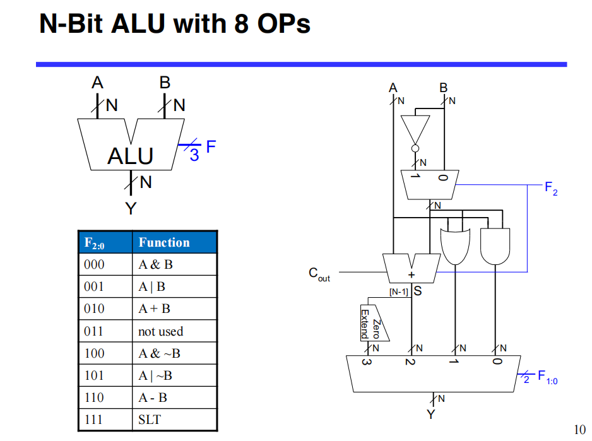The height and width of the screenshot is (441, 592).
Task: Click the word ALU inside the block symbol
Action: point(130,155)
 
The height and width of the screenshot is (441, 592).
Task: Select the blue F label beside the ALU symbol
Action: point(211,147)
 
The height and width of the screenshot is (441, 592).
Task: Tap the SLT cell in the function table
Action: point(150,420)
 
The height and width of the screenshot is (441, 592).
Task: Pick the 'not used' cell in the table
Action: point(160,331)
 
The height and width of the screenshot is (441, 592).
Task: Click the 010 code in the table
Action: point(94,309)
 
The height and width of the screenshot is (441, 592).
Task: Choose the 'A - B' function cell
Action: point(153,397)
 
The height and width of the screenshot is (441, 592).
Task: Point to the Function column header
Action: point(164,243)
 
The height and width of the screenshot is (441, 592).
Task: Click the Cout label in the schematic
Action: point(319,274)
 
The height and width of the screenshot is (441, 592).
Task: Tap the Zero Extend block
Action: point(372,323)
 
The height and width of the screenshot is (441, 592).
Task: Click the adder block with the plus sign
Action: point(411,268)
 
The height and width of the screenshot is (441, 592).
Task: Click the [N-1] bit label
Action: point(399,292)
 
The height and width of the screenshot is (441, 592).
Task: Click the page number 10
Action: point(579,430)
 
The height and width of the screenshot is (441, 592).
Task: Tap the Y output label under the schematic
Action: point(431,415)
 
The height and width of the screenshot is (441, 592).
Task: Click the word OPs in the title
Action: point(284,25)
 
